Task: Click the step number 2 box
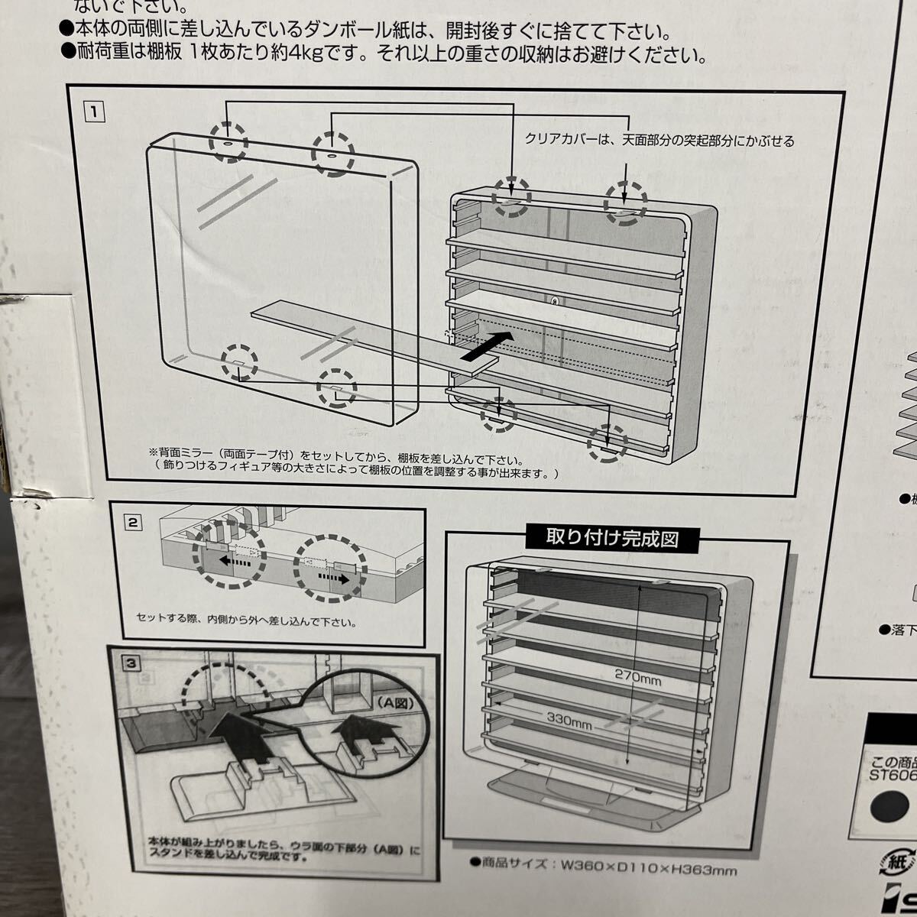pos(133,523)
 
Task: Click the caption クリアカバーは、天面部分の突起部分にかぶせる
pos(659,141)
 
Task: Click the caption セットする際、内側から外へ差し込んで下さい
pos(246,621)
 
